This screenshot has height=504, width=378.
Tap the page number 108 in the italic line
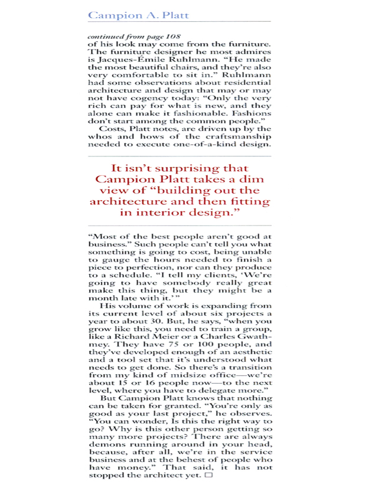(156, 36)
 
